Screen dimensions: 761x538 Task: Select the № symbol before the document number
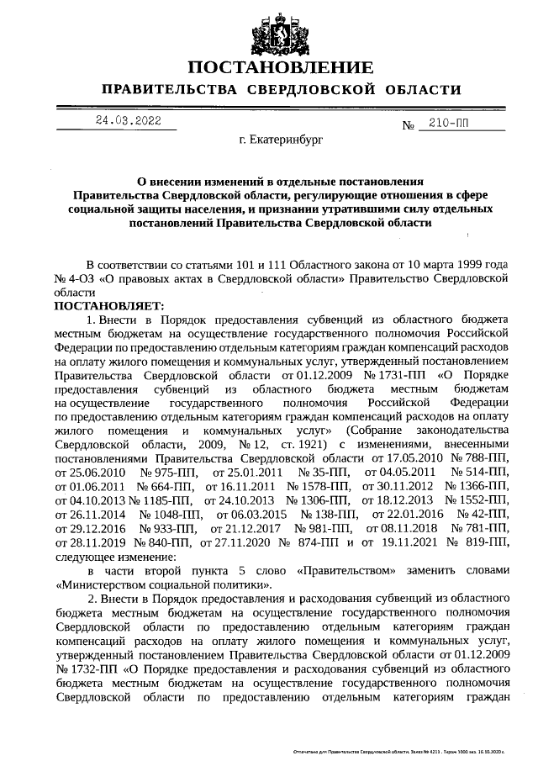pyautogui.click(x=410, y=126)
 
